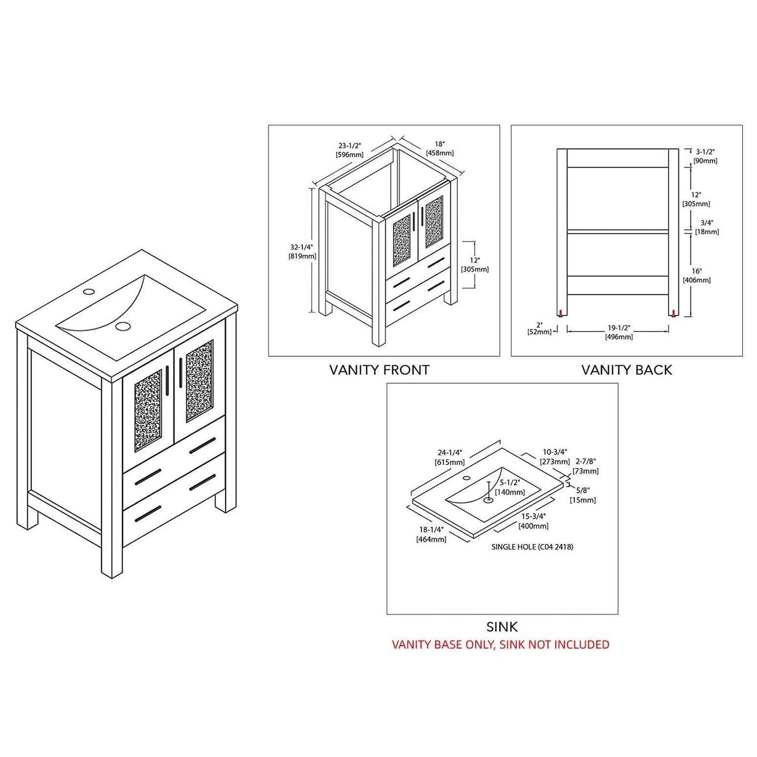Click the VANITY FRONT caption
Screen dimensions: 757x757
[379, 370]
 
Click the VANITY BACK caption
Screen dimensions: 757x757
[627, 370]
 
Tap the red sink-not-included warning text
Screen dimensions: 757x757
[501, 644]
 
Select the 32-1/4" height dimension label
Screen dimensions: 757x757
[302, 252]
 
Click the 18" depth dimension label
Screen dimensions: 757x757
[440, 148]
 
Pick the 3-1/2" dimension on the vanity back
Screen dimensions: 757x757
[706, 156]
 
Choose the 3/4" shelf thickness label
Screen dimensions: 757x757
[707, 227]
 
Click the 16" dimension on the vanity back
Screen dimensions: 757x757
[696, 276]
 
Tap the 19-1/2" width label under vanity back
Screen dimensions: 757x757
[619, 333]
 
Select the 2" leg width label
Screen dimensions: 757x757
[539, 328]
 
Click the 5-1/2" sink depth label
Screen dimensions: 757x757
[510, 488]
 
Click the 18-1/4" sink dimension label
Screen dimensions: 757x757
[431, 534]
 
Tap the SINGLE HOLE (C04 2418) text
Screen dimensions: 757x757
[532, 547]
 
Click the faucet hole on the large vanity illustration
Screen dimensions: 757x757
[88, 292]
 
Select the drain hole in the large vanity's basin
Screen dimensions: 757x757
[122, 326]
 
